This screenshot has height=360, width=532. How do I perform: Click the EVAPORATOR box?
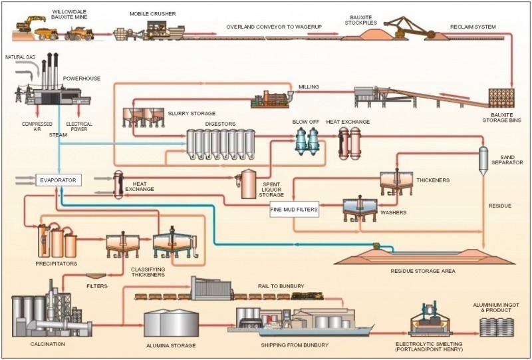57,180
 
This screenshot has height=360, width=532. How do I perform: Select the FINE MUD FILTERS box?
294,210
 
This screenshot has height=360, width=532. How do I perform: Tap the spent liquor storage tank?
249,182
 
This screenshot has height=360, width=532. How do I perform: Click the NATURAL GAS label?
20,58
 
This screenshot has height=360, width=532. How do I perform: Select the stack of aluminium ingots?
495,326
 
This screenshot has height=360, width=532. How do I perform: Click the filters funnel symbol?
98,275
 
